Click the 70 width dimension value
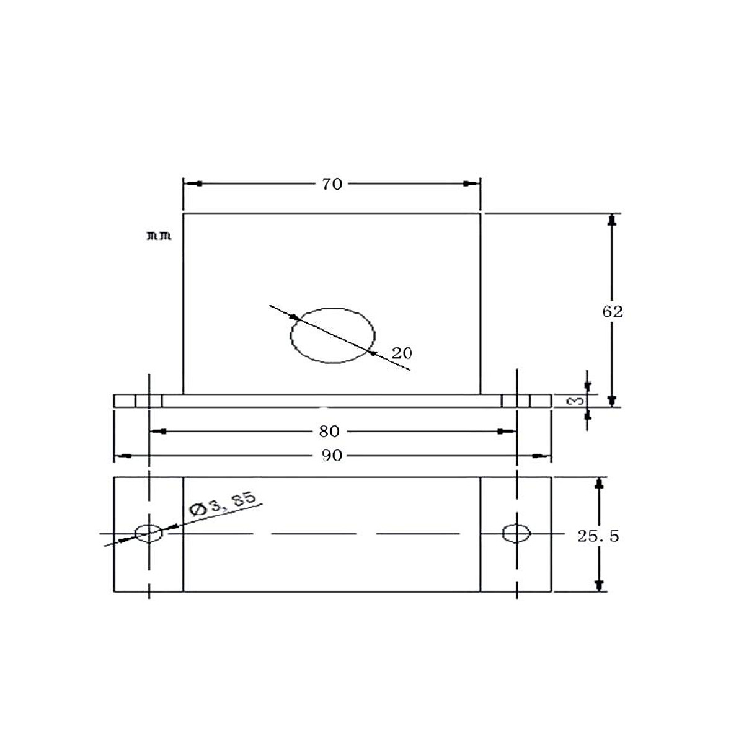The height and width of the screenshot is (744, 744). tap(332, 184)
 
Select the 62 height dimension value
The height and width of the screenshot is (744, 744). tap(612, 311)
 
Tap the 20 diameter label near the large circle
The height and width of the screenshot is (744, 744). tap(402, 353)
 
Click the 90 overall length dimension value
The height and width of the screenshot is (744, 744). tap(332, 456)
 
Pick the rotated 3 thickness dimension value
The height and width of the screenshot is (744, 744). tap(576, 400)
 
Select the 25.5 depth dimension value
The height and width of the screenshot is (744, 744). tap(598, 536)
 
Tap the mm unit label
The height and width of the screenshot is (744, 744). tap(159, 236)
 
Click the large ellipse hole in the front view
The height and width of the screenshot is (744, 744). tap(333, 335)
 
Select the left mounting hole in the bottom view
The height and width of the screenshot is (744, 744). tap(149, 533)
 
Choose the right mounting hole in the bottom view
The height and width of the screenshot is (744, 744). tap(516, 533)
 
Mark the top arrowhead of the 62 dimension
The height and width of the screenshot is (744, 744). tap(612, 221)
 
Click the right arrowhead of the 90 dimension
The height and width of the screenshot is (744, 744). tap(542, 456)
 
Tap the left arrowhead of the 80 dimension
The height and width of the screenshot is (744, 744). tap(158, 430)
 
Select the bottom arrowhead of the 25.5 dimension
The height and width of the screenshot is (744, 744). tap(599, 584)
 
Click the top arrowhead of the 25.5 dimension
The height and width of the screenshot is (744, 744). tap(599, 484)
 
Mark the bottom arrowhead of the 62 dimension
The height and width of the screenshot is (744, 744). tap(612, 400)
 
